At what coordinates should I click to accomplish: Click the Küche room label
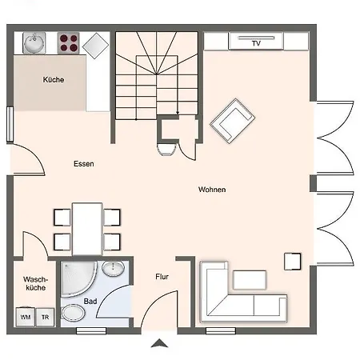tap(54, 79)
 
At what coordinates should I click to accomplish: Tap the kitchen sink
tap(34, 42)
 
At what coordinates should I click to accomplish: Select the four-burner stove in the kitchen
tap(69, 43)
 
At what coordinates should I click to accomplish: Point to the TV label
tap(256, 43)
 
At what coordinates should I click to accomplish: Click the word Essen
tap(84, 164)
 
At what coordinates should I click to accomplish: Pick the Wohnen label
tap(212, 190)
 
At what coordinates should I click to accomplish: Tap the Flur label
tap(162, 277)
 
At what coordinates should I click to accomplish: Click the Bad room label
tap(90, 302)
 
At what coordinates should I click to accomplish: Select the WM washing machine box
tap(26, 317)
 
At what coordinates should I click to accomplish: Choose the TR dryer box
tap(45, 317)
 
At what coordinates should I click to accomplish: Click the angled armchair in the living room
tap(233, 121)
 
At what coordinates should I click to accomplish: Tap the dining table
tap(87, 230)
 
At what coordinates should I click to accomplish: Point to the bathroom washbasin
tap(113, 269)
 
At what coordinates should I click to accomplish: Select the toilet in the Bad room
tap(73, 313)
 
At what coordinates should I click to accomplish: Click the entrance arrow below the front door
tap(159, 343)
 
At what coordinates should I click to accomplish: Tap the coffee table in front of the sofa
tap(250, 280)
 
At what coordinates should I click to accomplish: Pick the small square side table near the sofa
tap(293, 262)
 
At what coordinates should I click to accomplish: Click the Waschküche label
tap(35, 283)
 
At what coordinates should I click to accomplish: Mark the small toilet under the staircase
tap(167, 150)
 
